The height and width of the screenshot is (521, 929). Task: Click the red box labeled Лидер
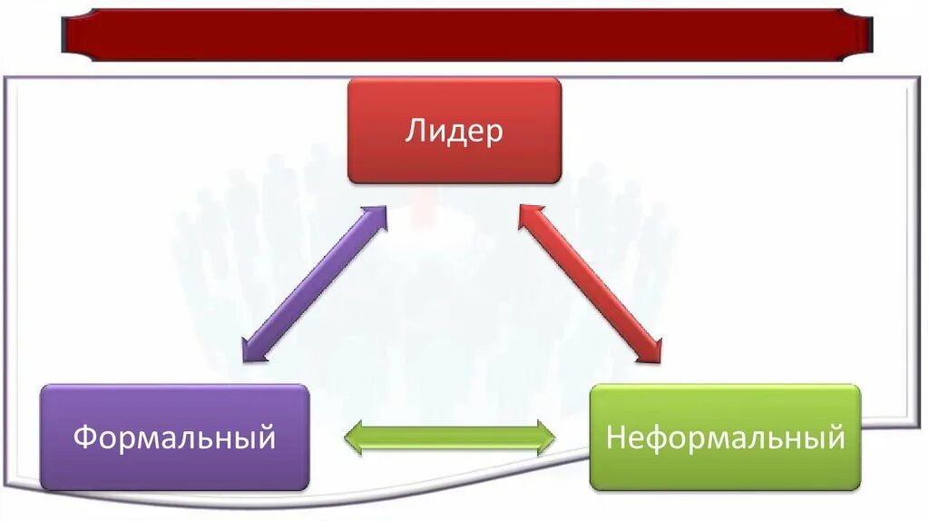455,131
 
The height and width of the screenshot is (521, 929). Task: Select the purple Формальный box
175,437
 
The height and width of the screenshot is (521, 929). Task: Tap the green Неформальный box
725,437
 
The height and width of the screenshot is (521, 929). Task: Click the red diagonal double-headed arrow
591,283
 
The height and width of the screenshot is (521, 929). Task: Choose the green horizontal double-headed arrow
450,437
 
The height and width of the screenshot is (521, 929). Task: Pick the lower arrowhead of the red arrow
652,353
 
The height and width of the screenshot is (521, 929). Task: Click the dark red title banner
465,35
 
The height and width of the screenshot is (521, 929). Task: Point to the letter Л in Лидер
414,133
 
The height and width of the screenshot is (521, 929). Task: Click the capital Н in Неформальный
616,438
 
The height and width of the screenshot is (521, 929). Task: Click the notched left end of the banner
69,35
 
